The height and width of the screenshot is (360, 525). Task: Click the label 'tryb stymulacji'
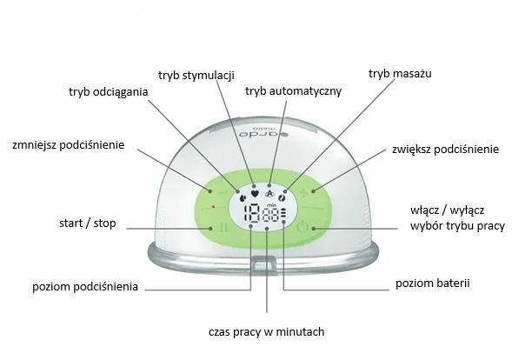coord(196,75)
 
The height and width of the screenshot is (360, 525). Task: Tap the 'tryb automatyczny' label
coord(293,90)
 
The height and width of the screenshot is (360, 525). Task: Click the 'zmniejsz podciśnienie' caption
coord(69,144)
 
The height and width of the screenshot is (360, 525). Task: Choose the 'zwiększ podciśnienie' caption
coord(445,150)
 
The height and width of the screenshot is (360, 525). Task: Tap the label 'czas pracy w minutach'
coord(266,331)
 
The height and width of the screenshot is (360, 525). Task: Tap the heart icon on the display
coord(254,194)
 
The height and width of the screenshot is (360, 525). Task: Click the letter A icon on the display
coord(269,194)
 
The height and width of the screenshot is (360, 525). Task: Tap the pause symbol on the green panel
coord(223,228)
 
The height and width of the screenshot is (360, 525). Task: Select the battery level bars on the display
coord(284,216)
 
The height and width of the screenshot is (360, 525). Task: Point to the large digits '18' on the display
coord(251,217)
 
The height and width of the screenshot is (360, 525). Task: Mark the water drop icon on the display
coord(239,197)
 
